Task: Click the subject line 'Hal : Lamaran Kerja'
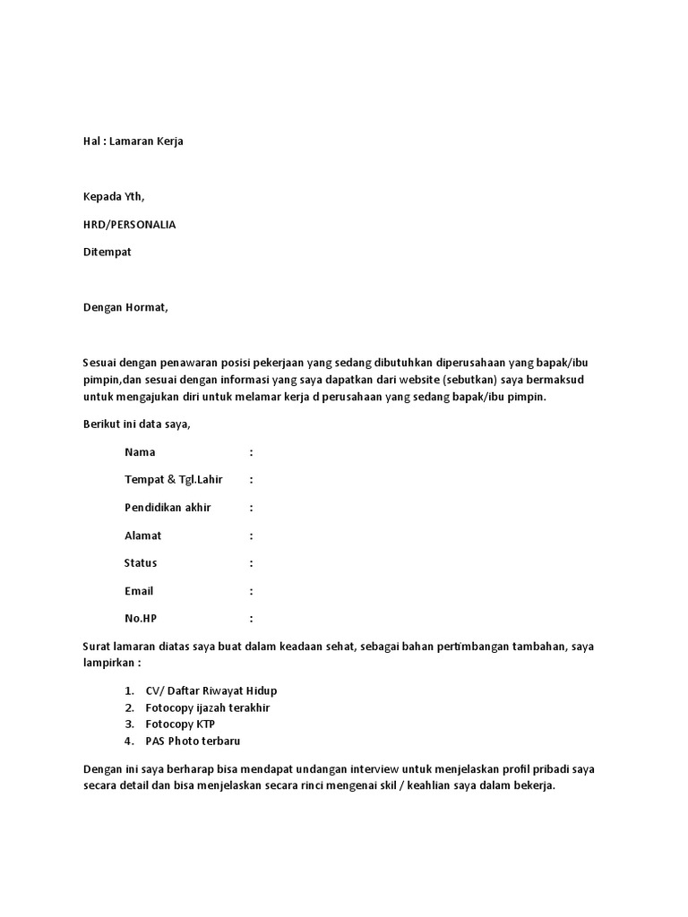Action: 133,141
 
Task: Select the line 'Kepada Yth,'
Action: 113,197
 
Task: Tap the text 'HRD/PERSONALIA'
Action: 129,225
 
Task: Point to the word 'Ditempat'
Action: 107,253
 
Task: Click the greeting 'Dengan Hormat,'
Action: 125,308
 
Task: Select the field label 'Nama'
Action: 140,452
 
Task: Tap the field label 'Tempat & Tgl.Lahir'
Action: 173,480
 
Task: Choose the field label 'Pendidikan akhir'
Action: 168,508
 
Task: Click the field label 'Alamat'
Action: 143,536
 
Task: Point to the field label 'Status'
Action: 141,563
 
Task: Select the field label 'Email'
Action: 139,591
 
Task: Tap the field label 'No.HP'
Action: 141,619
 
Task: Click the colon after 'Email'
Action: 252,592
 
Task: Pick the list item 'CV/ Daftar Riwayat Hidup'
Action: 211,690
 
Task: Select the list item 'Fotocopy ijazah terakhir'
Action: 208,707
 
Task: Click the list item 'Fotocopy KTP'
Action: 180,724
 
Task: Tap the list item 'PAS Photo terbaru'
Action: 193,741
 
